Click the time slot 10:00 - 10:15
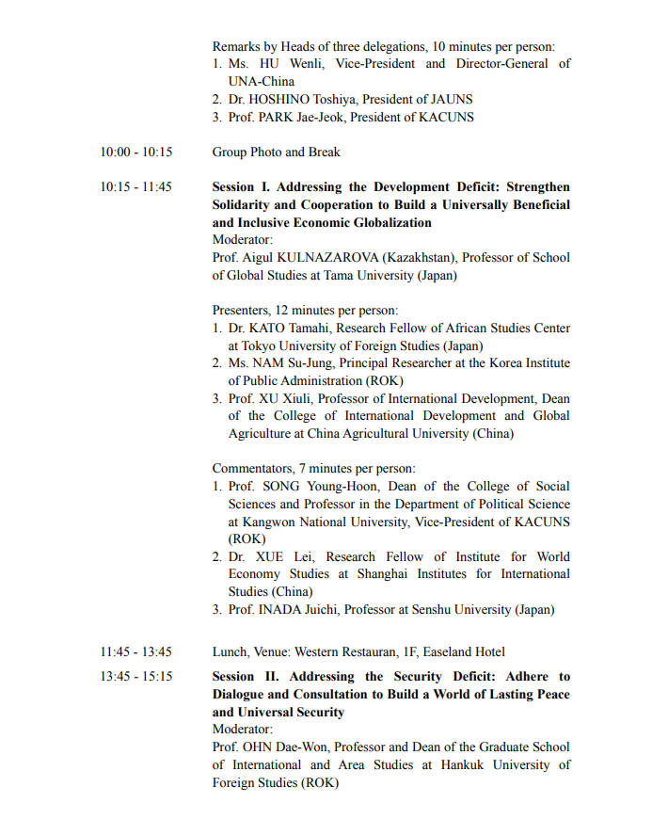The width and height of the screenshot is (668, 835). tap(136, 152)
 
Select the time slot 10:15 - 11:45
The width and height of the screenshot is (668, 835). tap(136, 187)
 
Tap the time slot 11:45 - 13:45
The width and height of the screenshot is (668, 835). tap(136, 651)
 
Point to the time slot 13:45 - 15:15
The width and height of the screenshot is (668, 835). tap(136, 676)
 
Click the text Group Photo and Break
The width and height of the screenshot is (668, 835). tap(276, 152)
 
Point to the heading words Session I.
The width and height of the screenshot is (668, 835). tap(244, 187)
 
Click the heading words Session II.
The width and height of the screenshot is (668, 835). tap(247, 676)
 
